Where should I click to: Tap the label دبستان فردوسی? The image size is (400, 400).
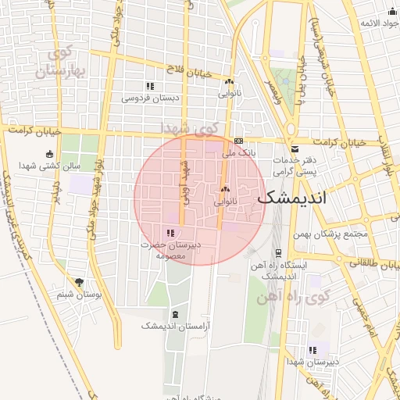[x=150, y=98]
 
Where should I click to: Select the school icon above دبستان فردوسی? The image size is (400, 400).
[x=150, y=86]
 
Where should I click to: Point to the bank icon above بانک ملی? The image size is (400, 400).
[x=238, y=141]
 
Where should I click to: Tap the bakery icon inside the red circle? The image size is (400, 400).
[x=225, y=190]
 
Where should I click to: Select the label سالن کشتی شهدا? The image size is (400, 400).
[x=51, y=166]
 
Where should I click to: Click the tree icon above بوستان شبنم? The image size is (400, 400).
[x=80, y=282]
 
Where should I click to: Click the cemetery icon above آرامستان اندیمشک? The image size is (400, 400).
[x=174, y=314]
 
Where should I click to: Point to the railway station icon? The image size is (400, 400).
[x=278, y=252]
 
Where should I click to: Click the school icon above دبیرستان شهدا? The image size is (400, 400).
[x=312, y=350]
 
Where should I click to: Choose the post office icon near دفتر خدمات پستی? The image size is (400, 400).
[x=294, y=148]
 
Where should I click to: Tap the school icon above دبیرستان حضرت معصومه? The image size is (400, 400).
[x=170, y=232]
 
